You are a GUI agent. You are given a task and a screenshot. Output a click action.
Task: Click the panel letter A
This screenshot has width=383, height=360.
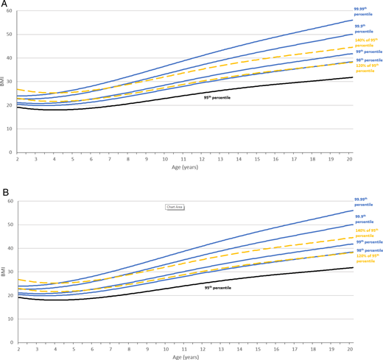(x=4, y=4)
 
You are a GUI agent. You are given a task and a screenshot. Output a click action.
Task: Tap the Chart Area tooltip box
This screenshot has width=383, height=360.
(x=175, y=207)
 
